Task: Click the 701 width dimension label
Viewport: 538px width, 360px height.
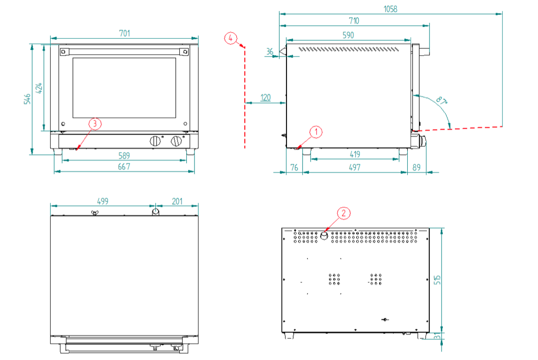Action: coord(125,33)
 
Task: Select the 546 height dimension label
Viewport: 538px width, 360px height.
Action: coord(28,99)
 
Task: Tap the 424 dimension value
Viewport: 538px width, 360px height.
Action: coord(40,88)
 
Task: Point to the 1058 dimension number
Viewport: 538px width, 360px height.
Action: coord(391,9)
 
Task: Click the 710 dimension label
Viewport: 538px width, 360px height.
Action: coord(354,21)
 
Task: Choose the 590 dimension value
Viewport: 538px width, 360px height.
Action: coord(348,35)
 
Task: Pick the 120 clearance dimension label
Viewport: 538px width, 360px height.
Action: coord(265,98)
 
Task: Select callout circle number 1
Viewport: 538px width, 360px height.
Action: coord(316,132)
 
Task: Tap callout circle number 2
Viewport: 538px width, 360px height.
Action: coord(343,213)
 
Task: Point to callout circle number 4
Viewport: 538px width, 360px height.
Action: coord(231,38)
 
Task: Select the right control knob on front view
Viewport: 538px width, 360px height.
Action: coord(175,141)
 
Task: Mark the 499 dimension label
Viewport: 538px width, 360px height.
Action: coord(102,201)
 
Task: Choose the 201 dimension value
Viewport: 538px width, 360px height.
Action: coord(177,201)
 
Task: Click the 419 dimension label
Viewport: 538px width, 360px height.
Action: coord(355,154)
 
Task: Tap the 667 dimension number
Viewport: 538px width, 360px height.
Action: coord(124,167)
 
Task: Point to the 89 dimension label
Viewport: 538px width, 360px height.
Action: coord(417,167)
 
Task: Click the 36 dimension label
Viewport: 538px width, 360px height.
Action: coord(270,51)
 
